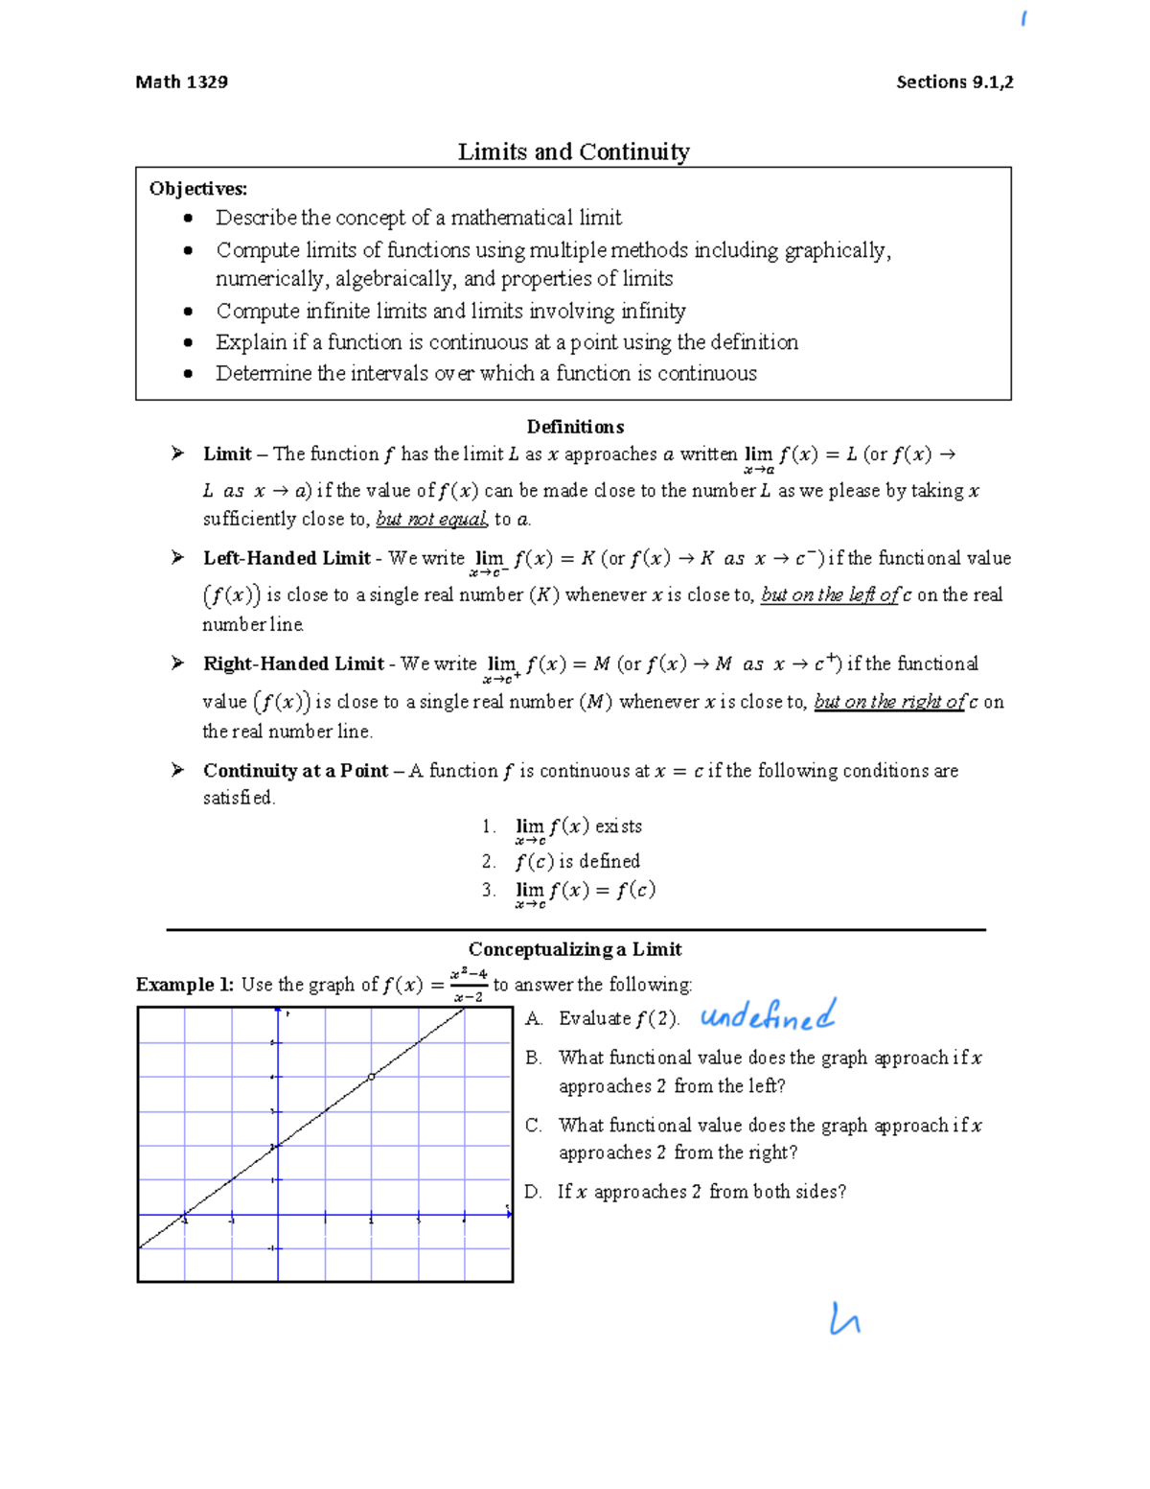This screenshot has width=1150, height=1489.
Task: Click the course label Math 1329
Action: pyautogui.click(x=181, y=81)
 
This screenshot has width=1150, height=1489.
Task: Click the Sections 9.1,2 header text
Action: pyautogui.click(x=954, y=81)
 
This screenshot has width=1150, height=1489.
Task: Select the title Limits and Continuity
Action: pyautogui.click(x=573, y=151)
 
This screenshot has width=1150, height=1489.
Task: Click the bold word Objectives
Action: pyautogui.click(x=197, y=188)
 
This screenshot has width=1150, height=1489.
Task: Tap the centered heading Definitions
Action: pyautogui.click(x=575, y=427)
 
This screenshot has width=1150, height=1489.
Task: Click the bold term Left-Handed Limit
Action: pyautogui.click(x=287, y=558)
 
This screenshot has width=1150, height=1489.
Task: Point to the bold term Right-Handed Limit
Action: pyautogui.click(x=293, y=663)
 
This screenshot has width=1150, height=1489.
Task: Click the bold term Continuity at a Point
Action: pyautogui.click(x=295, y=770)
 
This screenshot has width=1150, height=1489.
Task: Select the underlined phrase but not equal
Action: pyautogui.click(x=431, y=519)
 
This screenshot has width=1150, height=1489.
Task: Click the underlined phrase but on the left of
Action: pyautogui.click(x=830, y=594)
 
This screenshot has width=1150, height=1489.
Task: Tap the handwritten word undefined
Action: pyautogui.click(x=768, y=1015)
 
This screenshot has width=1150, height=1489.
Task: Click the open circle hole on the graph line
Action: pyautogui.click(x=372, y=1077)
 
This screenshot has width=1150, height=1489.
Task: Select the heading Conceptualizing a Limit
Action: pyautogui.click(x=575, y=949)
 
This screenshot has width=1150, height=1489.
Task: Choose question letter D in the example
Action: pyautogui.click(x=533, y=1191)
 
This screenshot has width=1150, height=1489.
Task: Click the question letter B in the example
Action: pyautogui.click(x=533, y=1058)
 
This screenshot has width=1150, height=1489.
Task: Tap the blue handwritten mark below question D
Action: pyautogui.click(x=844, y=1320)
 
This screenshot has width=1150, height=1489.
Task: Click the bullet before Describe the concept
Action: pyautogui.click(x=189, y=219)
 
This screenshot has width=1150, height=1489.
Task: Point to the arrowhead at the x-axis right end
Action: pyautogui.click(x=509, y=1214)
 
